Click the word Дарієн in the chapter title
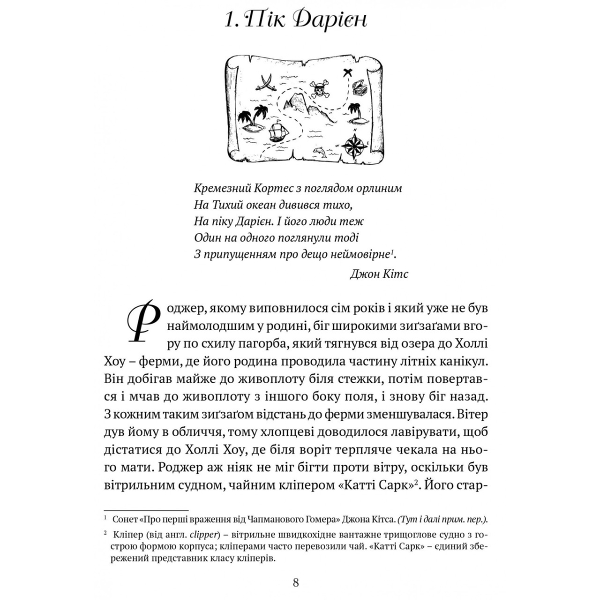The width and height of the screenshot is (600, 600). pos(329,20)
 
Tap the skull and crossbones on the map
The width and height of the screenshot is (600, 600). pos(320,90)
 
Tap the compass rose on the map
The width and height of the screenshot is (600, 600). pos(355,144)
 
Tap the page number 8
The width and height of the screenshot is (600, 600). pos(295,582)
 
